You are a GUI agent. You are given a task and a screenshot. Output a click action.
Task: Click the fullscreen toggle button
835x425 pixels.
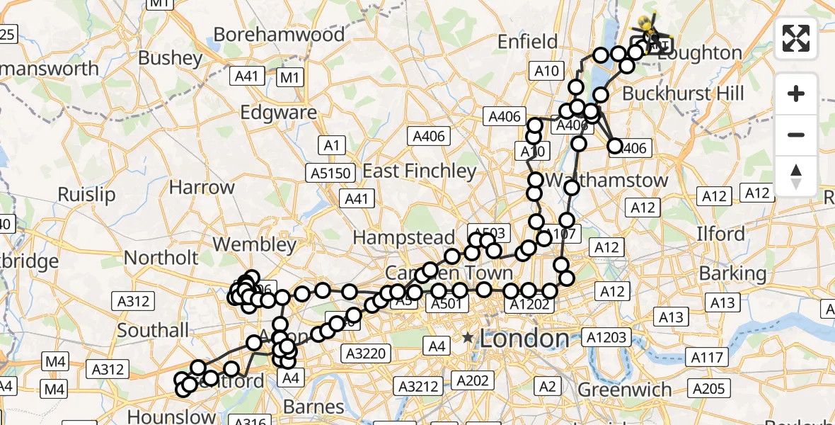(796, 38)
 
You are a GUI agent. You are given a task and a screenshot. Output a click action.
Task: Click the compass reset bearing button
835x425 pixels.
(796, 176)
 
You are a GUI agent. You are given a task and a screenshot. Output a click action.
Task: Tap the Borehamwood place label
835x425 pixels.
(279, 34)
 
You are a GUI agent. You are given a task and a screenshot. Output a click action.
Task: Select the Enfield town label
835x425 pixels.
(527, 42)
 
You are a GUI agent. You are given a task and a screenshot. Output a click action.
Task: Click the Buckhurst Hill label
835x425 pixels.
(684, 93)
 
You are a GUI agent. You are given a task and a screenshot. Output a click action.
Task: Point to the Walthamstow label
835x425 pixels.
(606, 179)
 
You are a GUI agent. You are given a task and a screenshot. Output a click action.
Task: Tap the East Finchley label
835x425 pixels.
(420, 171)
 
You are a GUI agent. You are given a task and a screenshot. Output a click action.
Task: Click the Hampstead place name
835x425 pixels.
(404, 237)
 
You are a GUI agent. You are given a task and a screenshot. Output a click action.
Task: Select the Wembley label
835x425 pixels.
(255, 244)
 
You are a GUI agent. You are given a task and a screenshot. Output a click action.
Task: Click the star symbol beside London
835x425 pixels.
(468, 338)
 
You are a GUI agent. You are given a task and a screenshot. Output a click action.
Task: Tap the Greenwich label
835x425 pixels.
(625, 390)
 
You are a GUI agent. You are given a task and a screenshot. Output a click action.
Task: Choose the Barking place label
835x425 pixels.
(732, 273)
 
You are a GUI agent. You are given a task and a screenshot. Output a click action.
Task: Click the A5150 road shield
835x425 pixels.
(328, 172)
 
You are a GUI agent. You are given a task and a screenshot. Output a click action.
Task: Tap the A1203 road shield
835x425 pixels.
(604, 337)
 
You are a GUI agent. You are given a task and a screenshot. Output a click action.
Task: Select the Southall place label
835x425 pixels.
(154, 330)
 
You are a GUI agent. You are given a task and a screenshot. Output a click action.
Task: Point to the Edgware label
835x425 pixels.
(279, 113)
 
